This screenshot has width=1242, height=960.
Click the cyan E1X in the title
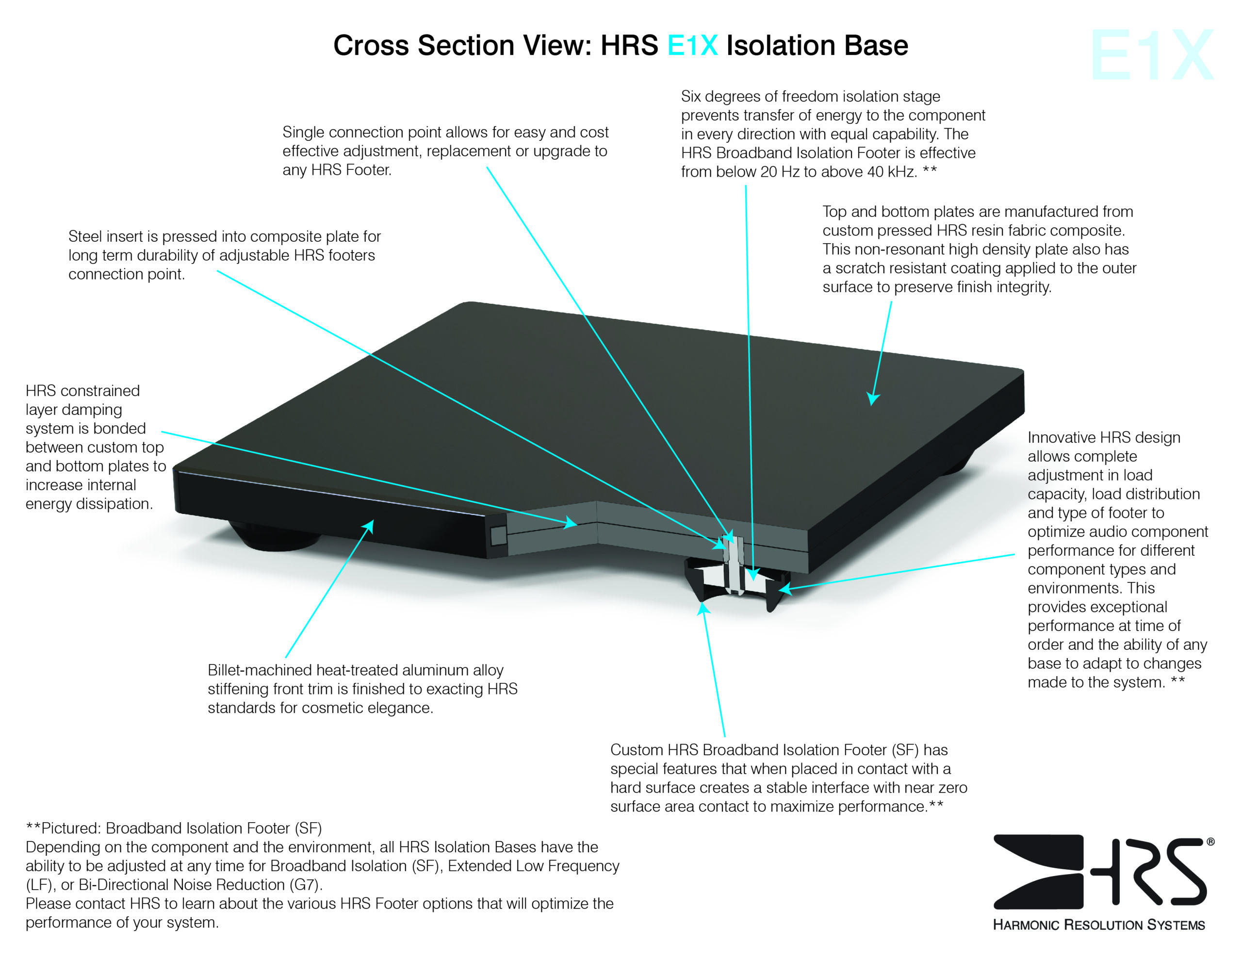(x=692, y=46)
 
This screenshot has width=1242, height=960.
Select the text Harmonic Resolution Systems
(x=1099, y=925)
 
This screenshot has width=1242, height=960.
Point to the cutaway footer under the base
(x=736, y=583)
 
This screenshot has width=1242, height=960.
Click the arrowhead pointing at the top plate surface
(x=873, y=398)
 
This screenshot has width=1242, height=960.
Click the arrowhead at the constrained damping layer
(x=571, y=522)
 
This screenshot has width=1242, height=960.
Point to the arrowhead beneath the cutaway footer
(x=703, y=609)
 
